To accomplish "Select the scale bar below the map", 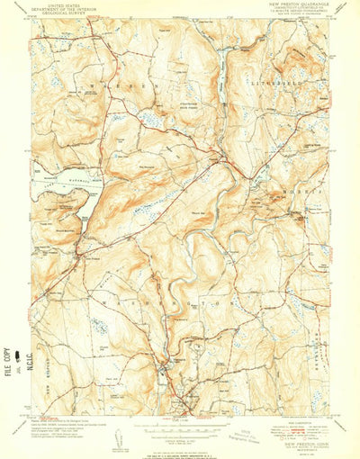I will (x=180, y=427).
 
